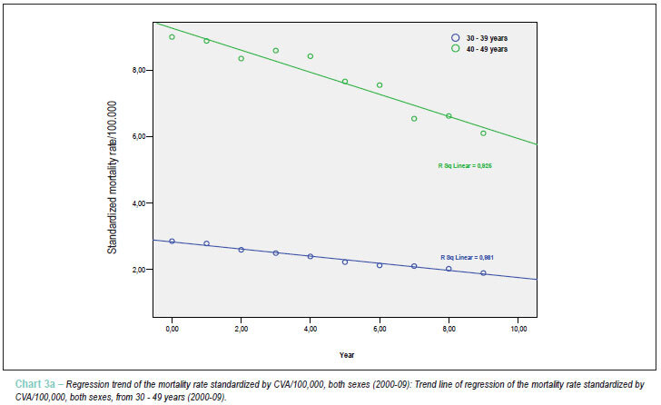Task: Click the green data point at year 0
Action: pos(172,37)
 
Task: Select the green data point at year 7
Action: pos(414,119)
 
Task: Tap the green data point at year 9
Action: pos(483,133)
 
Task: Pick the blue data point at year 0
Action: pos(172,241)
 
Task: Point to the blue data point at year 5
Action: pos(345,262)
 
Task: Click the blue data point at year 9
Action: pos(483,273)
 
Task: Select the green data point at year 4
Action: pos(311,56)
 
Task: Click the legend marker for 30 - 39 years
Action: pos(455,38)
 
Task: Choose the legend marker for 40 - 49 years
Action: pos(455,48)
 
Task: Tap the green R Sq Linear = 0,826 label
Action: pos(465,165)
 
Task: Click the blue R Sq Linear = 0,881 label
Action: pos(467,257)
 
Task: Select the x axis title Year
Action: pos(347,355)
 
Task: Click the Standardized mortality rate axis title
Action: pos(112,177)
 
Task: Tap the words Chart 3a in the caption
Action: pos(35,384)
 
